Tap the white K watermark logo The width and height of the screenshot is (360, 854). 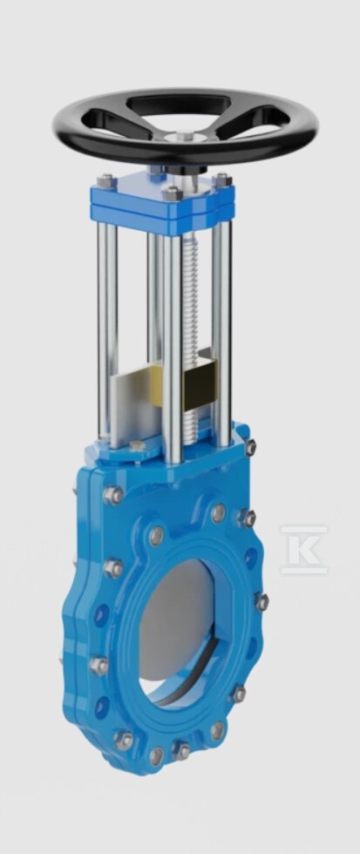point(304,550)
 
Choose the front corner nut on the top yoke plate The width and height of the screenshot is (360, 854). point(171,193)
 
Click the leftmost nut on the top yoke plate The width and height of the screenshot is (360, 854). point(106,180)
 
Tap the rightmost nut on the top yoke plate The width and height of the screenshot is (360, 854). point(221,180)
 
